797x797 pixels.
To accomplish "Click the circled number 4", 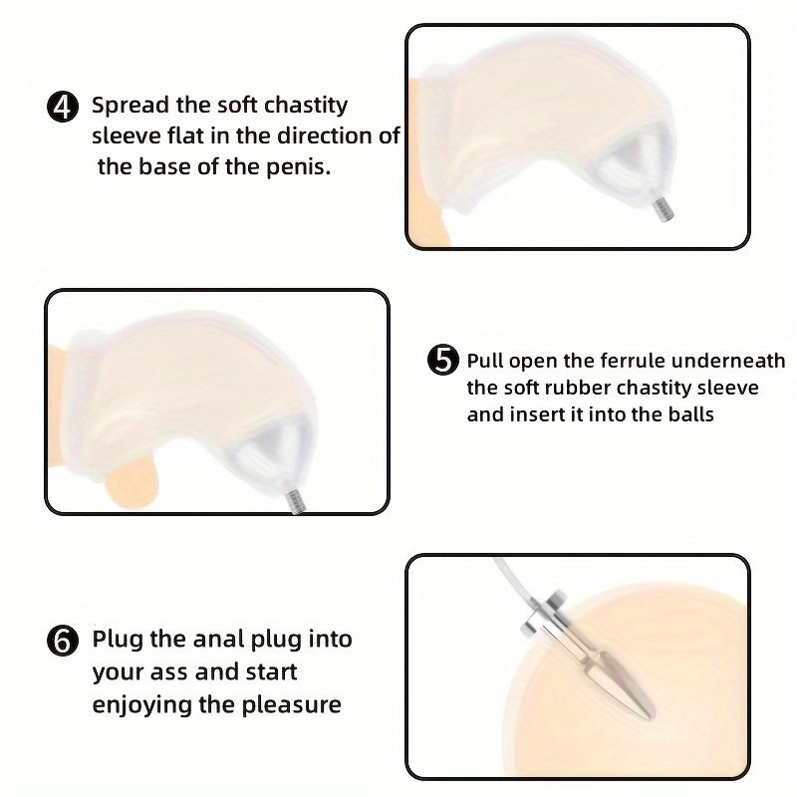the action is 63,108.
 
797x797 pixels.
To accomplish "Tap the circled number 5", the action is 443,360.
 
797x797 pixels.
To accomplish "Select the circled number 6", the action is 63,640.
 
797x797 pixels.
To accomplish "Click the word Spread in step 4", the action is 131,106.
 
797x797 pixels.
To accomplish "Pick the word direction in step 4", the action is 323,135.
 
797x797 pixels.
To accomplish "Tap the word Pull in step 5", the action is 485,361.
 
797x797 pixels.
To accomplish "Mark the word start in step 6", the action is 271,671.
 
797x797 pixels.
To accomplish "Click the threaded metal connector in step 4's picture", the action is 664,209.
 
